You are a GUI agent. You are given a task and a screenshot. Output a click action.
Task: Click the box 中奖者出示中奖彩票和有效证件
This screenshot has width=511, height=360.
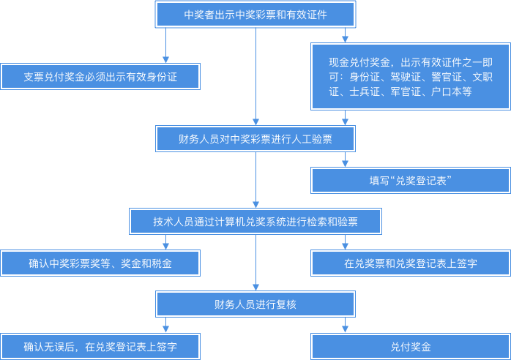pos(255,14)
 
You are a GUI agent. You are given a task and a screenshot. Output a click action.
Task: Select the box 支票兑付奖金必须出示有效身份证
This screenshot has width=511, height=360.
pos(100,76)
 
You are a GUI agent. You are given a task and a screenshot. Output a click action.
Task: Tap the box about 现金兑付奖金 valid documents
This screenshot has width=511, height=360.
pos(410,76)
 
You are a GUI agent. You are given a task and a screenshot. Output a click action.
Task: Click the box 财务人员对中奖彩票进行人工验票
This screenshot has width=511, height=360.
pos(255,138)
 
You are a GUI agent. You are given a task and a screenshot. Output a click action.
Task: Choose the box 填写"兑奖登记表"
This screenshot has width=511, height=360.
pos(410,181)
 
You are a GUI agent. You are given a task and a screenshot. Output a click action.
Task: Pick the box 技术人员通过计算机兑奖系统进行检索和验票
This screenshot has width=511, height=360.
pos(255,221)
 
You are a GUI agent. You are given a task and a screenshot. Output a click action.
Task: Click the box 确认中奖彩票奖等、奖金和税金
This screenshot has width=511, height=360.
pos(100,263)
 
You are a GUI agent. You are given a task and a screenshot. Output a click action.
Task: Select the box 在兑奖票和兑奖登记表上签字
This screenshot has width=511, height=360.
pos(410,263)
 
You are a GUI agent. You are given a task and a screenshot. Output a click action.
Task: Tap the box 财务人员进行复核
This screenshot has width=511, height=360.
pos(255,304)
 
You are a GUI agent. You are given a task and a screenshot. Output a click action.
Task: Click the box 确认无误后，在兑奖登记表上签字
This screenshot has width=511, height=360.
pos(100,346)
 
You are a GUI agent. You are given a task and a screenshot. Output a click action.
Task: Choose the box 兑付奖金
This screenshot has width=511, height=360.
pos(410,346)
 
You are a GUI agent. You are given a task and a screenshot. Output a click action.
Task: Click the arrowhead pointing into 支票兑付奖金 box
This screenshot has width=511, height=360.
pos(165,59)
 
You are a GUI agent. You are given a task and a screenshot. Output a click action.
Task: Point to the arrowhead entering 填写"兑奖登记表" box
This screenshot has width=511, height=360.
pos(345,164)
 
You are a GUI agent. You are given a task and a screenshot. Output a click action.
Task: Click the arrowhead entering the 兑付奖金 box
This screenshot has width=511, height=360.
pos(345,329)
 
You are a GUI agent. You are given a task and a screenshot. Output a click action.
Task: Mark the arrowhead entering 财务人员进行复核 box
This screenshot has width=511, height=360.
pos(255,288)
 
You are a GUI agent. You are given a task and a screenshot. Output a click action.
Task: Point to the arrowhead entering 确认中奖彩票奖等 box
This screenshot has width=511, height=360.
pos(165,247)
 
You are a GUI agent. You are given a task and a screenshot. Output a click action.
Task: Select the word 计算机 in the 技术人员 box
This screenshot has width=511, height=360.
pos(242,221)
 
